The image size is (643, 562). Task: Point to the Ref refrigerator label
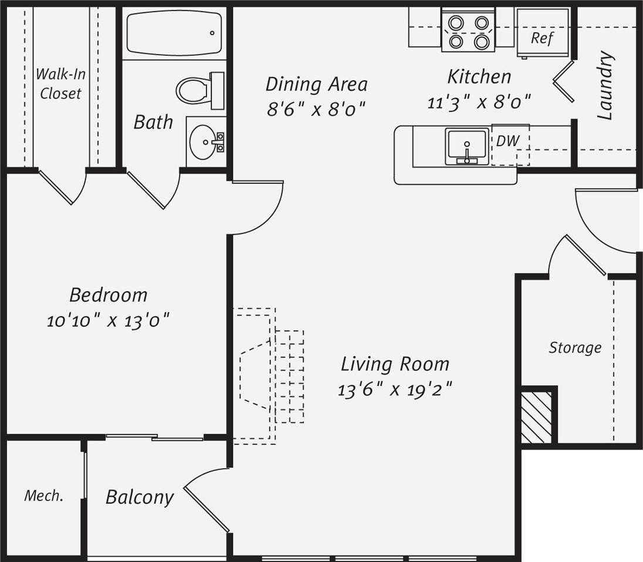click(x=542, y=39)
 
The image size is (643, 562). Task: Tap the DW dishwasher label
click(x=507, y=141)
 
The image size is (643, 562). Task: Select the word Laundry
click(x=605, y=86)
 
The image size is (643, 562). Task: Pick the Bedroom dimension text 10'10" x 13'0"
click(x=108, y=321)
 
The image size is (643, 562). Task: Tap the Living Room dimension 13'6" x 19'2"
click(x=395, y=389)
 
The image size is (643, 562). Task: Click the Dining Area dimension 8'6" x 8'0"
click(x=316, y=109)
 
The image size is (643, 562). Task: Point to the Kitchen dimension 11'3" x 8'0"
click(x=479, y=103)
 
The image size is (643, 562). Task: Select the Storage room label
click(x=575, y=348)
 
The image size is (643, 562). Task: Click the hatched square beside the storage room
click(x=536, y=418)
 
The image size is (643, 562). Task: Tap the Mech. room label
click(x=44, y=496)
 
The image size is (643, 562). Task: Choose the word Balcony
click(x=140, y=497)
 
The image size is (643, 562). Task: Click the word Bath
click(x=153, y=122)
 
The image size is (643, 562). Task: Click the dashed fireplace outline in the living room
click(x=258, y=375)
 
